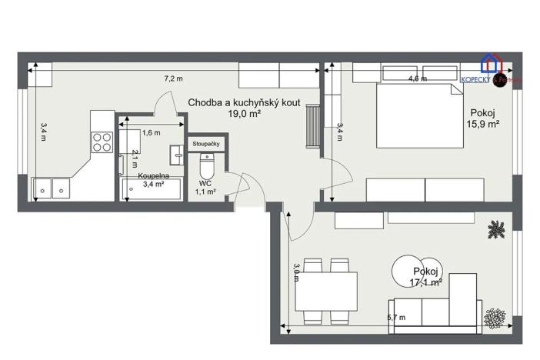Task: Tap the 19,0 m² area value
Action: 244,113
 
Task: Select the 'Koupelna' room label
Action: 153,175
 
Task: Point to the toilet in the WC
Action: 207,165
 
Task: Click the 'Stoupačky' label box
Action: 206,144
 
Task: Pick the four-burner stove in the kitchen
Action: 102,141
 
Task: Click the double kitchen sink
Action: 51,187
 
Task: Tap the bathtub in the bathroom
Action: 152,189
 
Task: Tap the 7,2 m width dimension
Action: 173,78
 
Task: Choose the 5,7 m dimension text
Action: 397,317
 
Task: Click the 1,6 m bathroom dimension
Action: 151,132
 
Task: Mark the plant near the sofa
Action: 493,315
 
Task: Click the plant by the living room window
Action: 496,228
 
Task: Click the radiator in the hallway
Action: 312,126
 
